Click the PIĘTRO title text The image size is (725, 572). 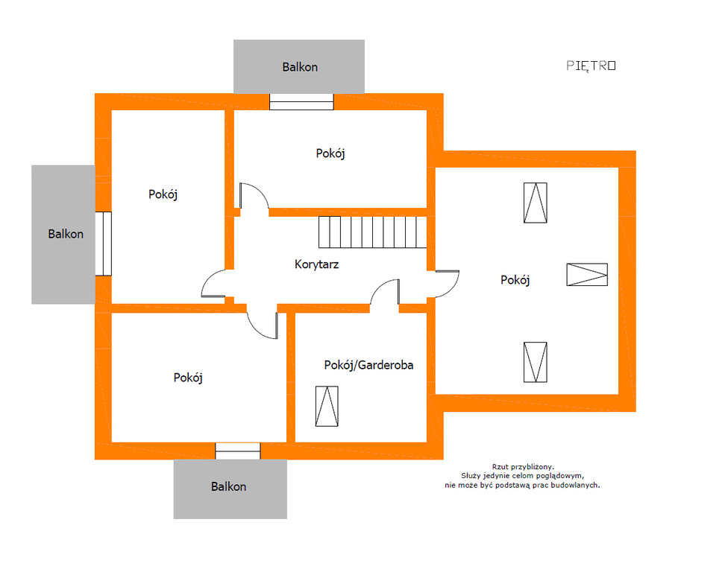coord(591,66)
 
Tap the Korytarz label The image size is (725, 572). coord(317,264)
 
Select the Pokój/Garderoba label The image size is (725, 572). coord(368,365)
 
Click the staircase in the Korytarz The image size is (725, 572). coord(372,232)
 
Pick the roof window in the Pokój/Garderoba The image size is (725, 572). coord(327,406)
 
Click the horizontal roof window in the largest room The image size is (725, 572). coord(587,275)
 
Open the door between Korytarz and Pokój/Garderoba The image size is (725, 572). coord(385,292)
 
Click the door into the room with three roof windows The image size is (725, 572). coord(448,284)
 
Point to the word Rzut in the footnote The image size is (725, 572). coord(499,467)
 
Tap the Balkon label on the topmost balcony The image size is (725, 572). coord(300,67)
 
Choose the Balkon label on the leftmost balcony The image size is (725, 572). coord(66,234)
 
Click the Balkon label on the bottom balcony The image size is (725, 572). coord(228,486)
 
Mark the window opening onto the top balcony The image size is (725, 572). coord(301,101)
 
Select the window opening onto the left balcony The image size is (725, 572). coord(104,244)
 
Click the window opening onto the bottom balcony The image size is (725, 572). coord(238,451)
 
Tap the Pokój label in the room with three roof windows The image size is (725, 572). coord(515,280)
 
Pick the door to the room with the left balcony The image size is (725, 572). coord(213,283)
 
